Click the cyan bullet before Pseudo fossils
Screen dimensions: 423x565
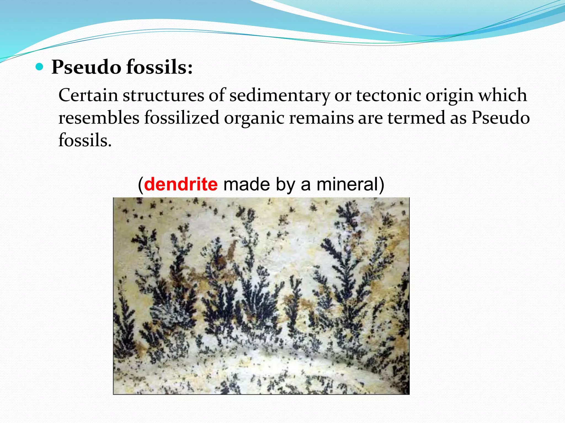(x=40, y=67)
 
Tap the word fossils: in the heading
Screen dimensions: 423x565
(x=159, y=67)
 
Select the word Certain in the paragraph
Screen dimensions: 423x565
(x=88, y=95)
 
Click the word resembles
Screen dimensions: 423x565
(x=99, y=118)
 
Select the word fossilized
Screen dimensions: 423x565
(x=182, y=118)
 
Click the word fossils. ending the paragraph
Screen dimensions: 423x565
(x=85, y=140)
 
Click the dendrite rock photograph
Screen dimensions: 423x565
(x=261, y=296)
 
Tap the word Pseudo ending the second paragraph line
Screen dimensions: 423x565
(x=500, y=118)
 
